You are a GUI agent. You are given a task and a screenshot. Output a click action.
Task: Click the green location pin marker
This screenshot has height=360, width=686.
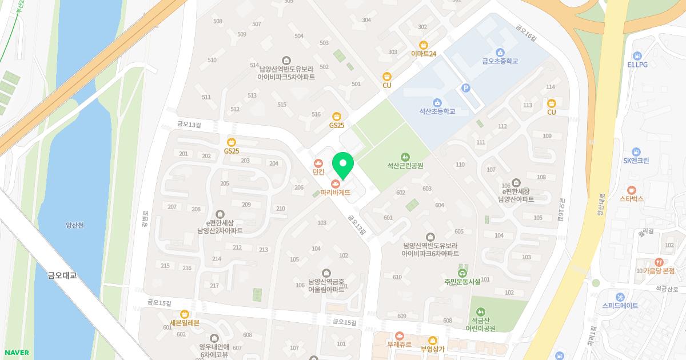pyautogui.click(x=343, y=165)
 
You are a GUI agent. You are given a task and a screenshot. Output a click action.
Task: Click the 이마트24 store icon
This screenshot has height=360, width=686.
pyautogui.click(x=424, y=45)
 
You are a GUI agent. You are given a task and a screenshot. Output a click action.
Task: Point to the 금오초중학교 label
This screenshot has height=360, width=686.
pyautogui.click(x=500, y=61)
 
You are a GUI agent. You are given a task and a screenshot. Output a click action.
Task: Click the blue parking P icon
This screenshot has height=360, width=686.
pyautogui.click(x=466, y=88)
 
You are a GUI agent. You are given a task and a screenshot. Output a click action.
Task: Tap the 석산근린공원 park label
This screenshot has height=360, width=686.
pyautogui.click(x=405, y=166)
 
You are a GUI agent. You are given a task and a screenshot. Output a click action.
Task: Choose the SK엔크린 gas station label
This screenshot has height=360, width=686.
pyautogui.click(x=636, y=161)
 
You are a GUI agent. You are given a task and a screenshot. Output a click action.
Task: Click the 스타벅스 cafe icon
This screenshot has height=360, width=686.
pyautogui.click(x=631, y=190)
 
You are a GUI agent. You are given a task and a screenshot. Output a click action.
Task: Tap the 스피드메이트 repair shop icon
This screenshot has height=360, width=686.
pyautogui.click(x=620, y=297)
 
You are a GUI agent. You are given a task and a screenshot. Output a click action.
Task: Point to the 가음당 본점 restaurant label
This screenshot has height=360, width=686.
pyautogui.click(x=658, y=271)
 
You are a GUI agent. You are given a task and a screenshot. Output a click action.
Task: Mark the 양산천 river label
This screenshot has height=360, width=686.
pyautogui.click(x=74, y=225)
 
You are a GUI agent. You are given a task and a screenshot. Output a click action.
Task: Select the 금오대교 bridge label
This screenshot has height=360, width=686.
pyautogui.click(x=62, y=275)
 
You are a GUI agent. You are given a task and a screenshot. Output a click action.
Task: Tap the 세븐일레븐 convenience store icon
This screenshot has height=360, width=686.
pyautogui.click(x=184, y=314)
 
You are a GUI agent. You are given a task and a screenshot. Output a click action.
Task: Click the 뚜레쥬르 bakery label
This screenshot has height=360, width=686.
pyautogui.click(x=399, y=345)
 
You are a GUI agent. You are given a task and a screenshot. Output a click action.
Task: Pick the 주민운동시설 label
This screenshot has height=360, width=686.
pyautogui.click(x=462, y=282)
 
